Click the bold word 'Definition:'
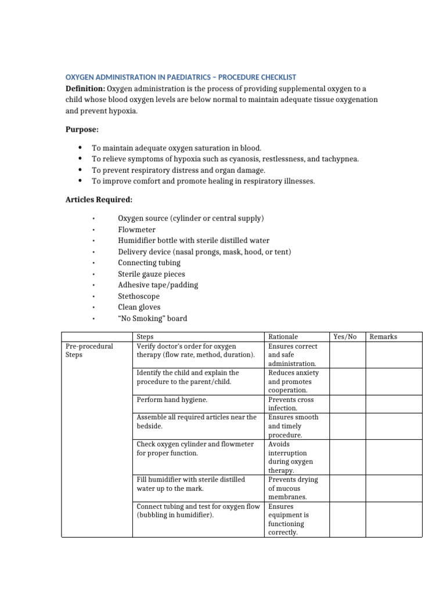[x=85, y=88]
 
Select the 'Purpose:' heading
[x=82, y=129]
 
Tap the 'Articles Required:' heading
[x=99, y=200]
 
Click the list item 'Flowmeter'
[x=136, y=230]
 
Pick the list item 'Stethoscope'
[x=139, y=296]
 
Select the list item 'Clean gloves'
[x=139, y=307]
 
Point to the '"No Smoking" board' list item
[x=153, y=318]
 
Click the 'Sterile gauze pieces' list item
[x=152, y=274]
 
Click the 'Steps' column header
[x=145, y=337]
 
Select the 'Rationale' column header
[x=283, y=337]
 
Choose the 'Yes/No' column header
[x=345, y=337]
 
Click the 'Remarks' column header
[x=383, y=337]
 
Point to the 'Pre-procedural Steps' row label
[x=89, y=350]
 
